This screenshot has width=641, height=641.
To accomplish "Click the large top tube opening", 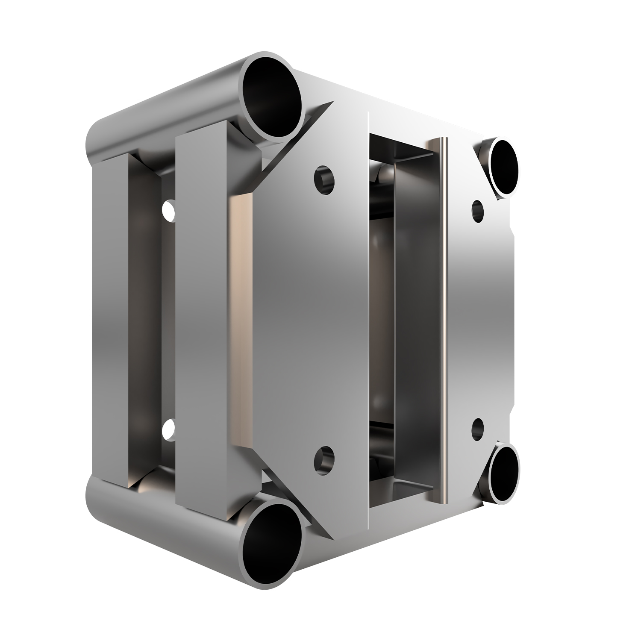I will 272,99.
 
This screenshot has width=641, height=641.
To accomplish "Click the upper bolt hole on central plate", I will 324,178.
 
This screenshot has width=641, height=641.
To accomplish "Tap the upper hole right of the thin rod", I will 478,209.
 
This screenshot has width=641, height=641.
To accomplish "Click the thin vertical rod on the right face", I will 444,320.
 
